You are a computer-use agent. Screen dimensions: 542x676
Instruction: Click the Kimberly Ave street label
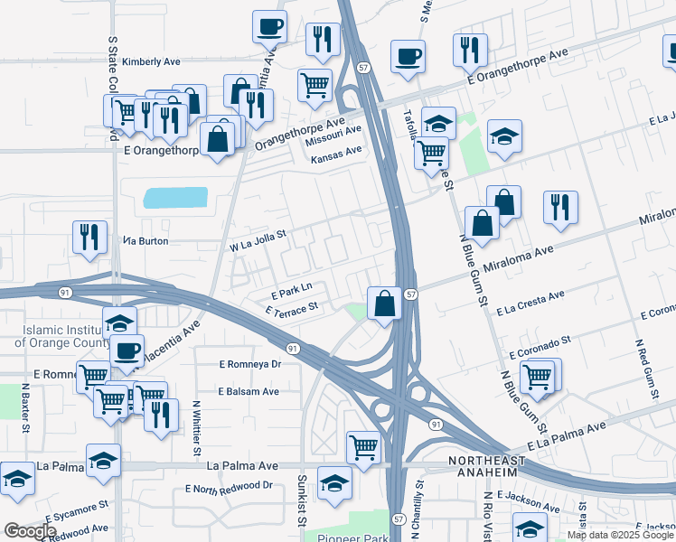click(x=151, y=62)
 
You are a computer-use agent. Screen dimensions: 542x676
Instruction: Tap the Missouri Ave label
click(x=333, y=139)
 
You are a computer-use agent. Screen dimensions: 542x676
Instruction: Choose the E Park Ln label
click(x=292, y=290)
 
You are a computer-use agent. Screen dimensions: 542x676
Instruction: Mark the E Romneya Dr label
click(x=250, y=364)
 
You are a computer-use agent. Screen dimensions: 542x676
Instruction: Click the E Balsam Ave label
click(x=249, y=391)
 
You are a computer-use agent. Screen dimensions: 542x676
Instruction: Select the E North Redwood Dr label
click(x=229, y=486)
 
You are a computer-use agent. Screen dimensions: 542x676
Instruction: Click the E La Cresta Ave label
click(x=530, y=302)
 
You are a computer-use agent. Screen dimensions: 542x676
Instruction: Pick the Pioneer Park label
click(x=353, y=536)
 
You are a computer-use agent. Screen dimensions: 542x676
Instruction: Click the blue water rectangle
click(x=175, y=197)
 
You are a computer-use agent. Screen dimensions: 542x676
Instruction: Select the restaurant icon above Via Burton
click(x=89, y=238)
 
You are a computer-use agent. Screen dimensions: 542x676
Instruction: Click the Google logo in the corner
click(x=30, y=531)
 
